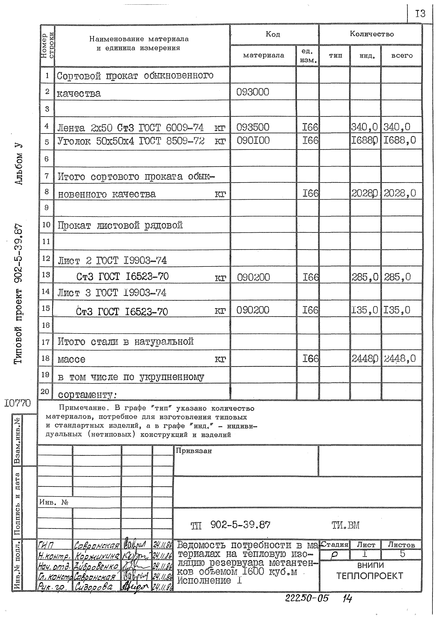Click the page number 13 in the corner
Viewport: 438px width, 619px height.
coord(420,13)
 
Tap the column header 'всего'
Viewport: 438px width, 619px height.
coord(402,56)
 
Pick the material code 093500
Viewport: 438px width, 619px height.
coord(253,127)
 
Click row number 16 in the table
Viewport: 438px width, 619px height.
coord(46,325)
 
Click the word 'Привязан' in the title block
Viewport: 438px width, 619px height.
coord(194,451)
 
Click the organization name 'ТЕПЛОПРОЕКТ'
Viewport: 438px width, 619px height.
coord(370,576)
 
